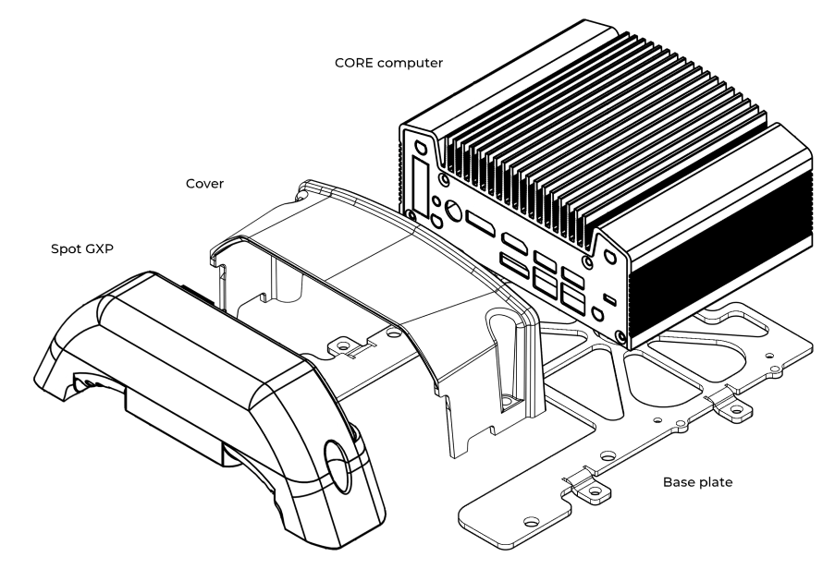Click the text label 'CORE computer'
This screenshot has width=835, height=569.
(x=388, y=64)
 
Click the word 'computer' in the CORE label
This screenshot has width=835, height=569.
(x=410, y=64)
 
